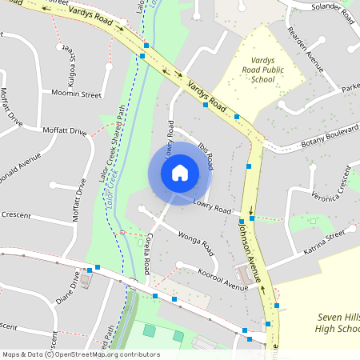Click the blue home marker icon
click(x=180, y=172)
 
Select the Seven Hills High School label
click(x=323, y=323)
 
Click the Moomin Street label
click(x=78, y=94)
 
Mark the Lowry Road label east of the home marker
click(x=212, y=206)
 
